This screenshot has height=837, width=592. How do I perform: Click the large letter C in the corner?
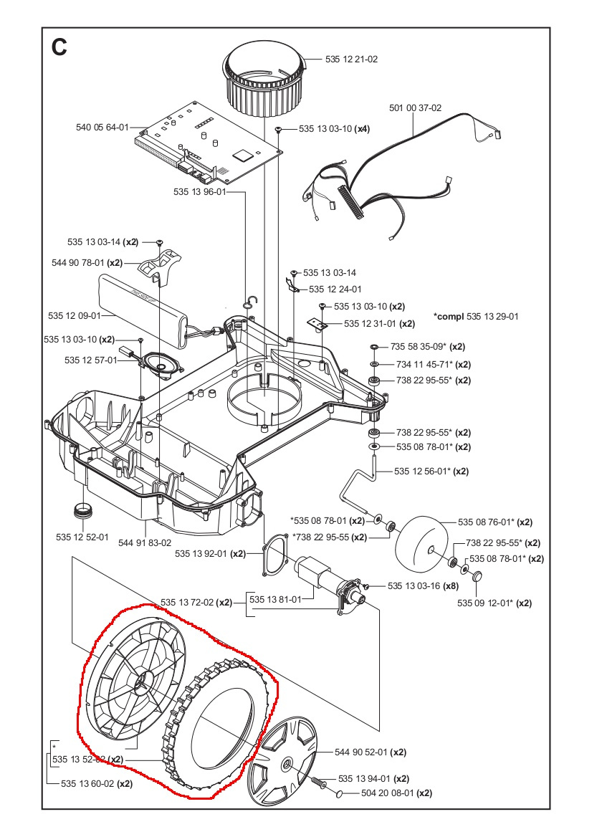tap(59, 47)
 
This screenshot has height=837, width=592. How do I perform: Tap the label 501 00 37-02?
tap(415, 108)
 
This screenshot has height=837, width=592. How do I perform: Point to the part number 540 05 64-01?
tap(102, 128)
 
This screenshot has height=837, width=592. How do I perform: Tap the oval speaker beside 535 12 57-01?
tap(161, 363)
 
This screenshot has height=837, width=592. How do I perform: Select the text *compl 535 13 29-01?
tap(476, 316)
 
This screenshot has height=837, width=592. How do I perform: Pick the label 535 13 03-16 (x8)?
tap(423, 586)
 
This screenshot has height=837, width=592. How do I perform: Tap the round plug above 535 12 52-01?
tap(84, 512)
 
